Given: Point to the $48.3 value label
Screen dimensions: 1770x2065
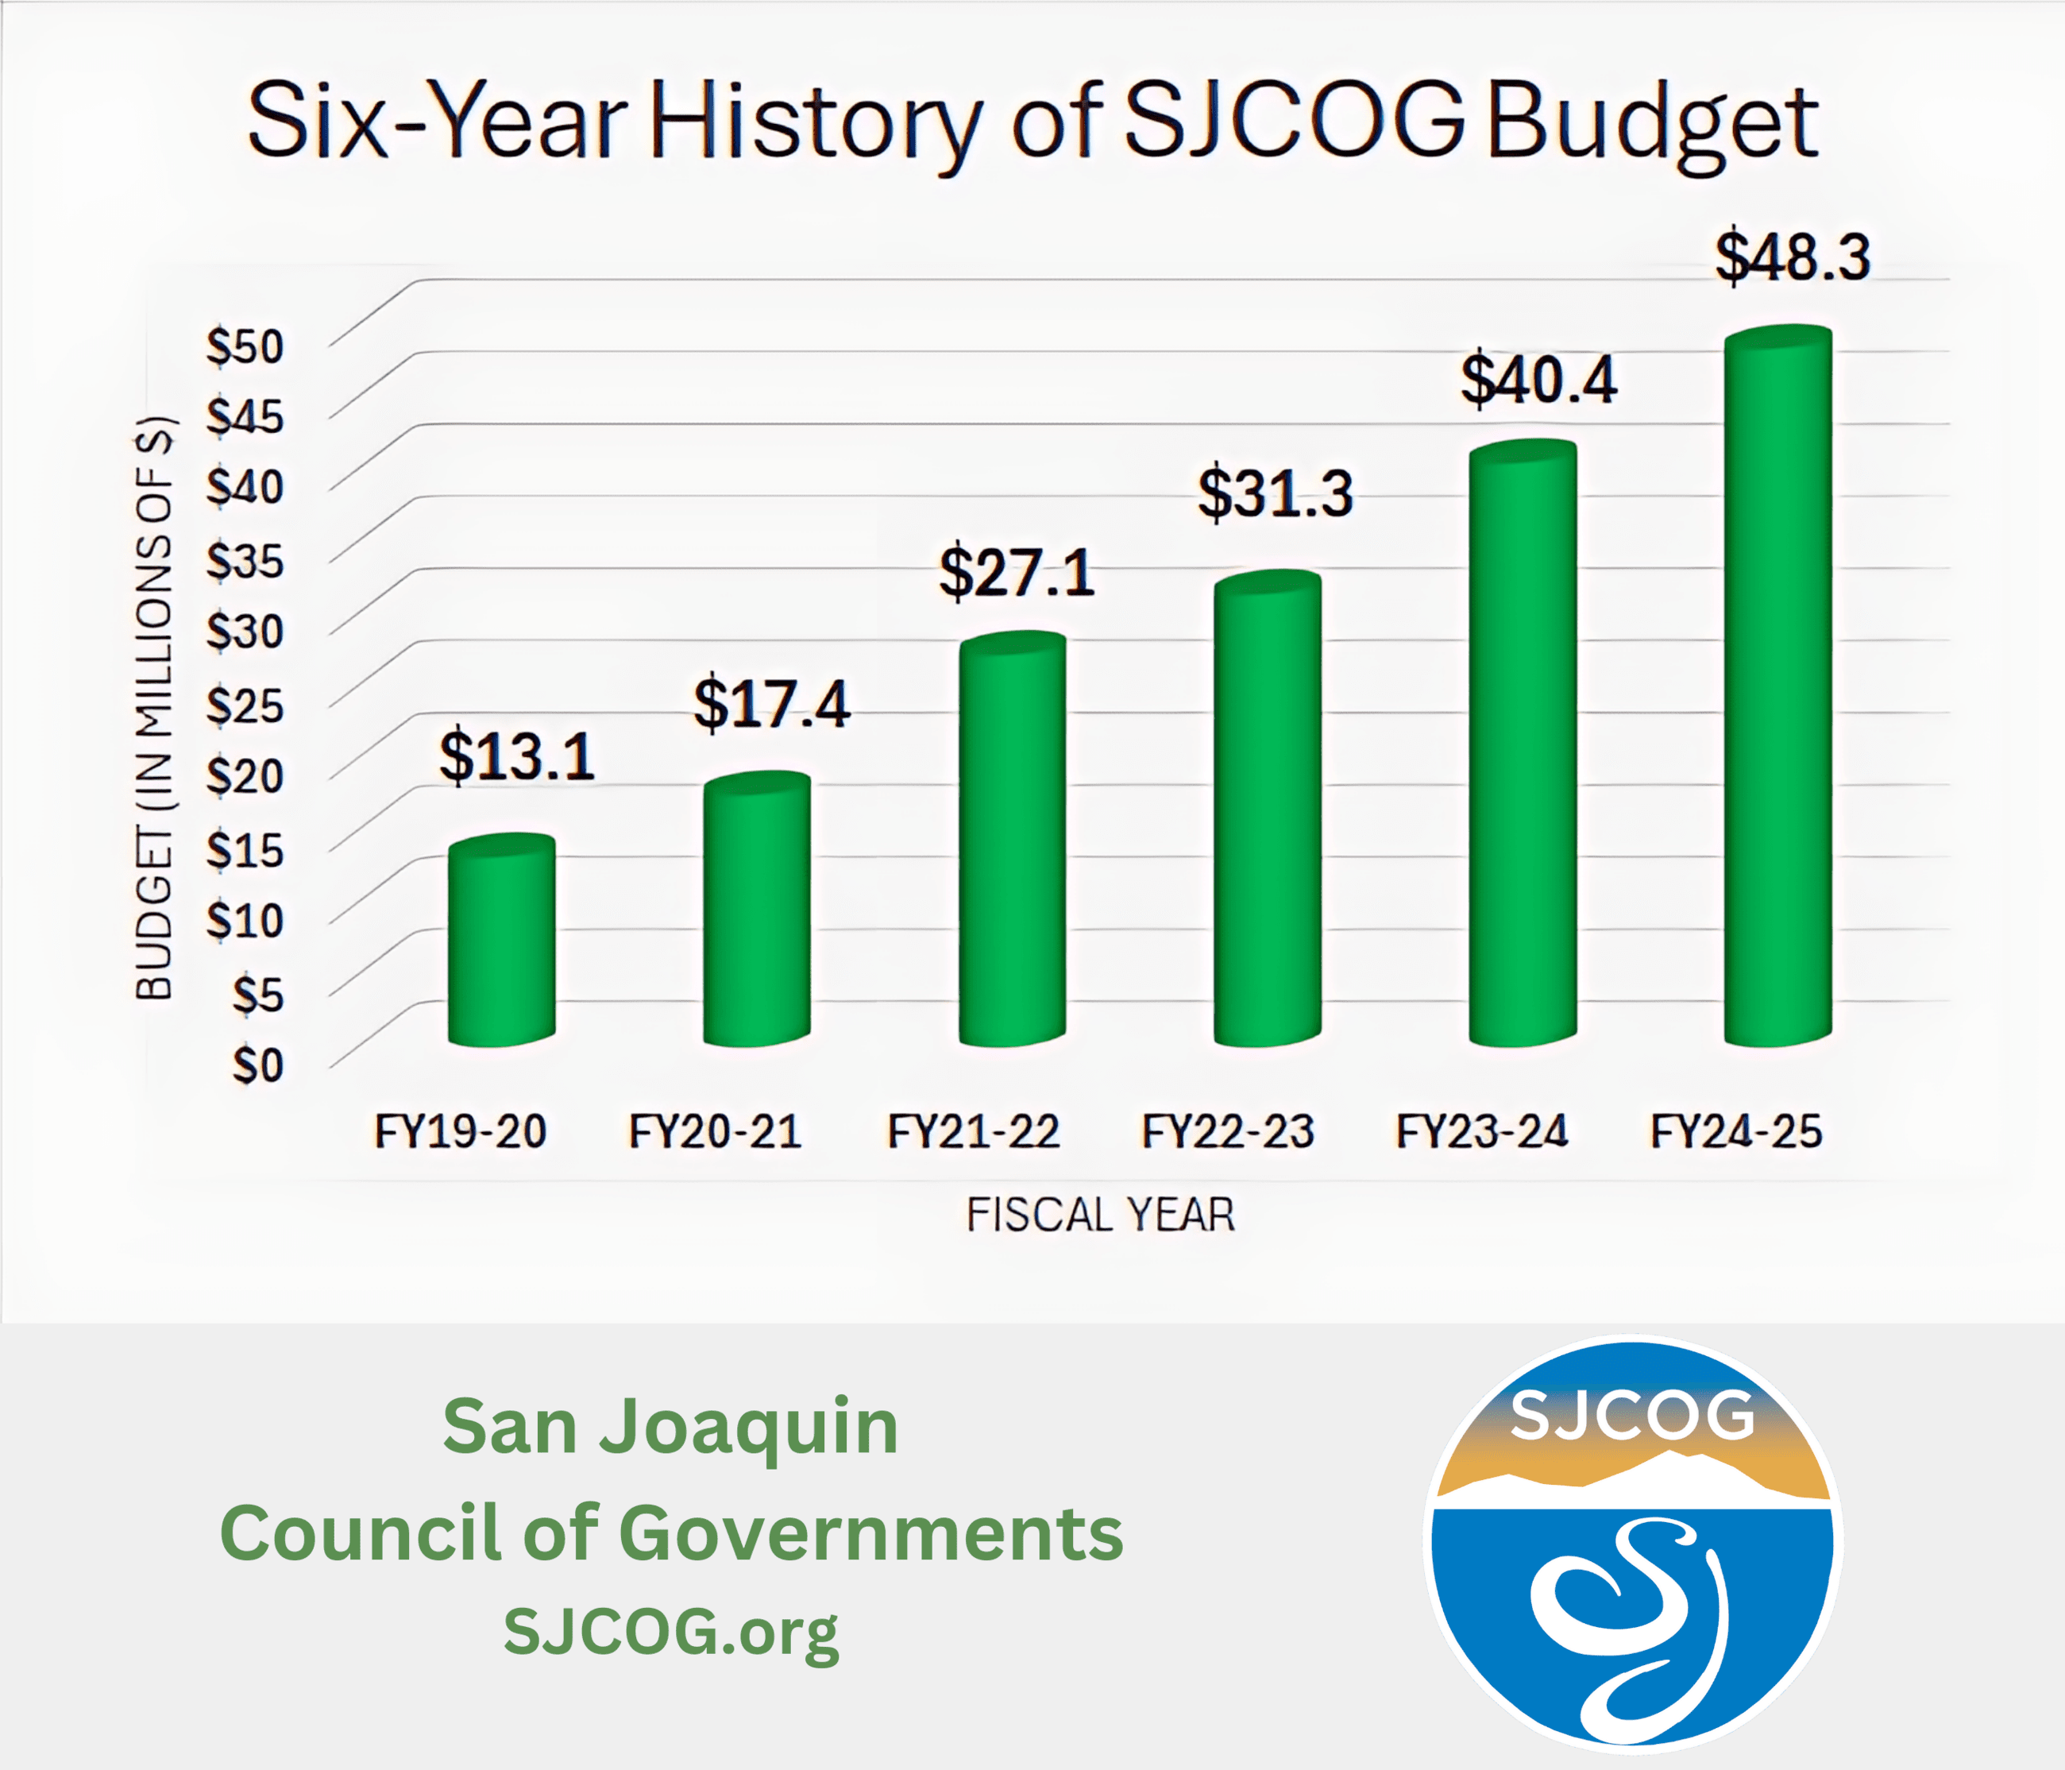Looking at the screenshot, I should pyautogui.click(x=1792, y=257).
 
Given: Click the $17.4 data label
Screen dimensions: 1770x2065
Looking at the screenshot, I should pyautogui.click(x=771, y=705).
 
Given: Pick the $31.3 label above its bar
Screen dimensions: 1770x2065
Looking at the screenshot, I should pyautogui.click(x=1275, y=493).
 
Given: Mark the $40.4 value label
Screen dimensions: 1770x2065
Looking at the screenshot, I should pyautogui.click(x=1538, y=381).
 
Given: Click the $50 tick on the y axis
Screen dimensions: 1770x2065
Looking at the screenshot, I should pyautogui.click(x=245, y=347).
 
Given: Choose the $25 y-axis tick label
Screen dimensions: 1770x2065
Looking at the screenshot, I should pyautogui.click(x=245, y=705).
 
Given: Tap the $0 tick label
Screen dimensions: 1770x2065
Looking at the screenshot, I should pyautogui.click(x=257, y=1065).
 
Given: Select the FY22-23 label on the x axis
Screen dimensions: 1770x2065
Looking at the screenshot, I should pyautogui.click(x=1227, y=1132).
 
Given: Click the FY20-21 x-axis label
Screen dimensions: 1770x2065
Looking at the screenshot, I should pyautogui.click(x=715, y=1132).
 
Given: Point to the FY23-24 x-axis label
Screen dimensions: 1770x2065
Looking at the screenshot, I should pyautogui.click(x=1482, y=1132).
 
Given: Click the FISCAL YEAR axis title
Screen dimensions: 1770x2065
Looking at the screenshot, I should pyautogui.click(x=1100, y=1215).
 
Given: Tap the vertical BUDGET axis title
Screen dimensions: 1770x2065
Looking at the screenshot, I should pyautogui.click(x=154, y=708).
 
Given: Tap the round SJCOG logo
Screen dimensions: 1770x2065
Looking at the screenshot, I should pyautogui.click(x=1632, y=1544).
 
